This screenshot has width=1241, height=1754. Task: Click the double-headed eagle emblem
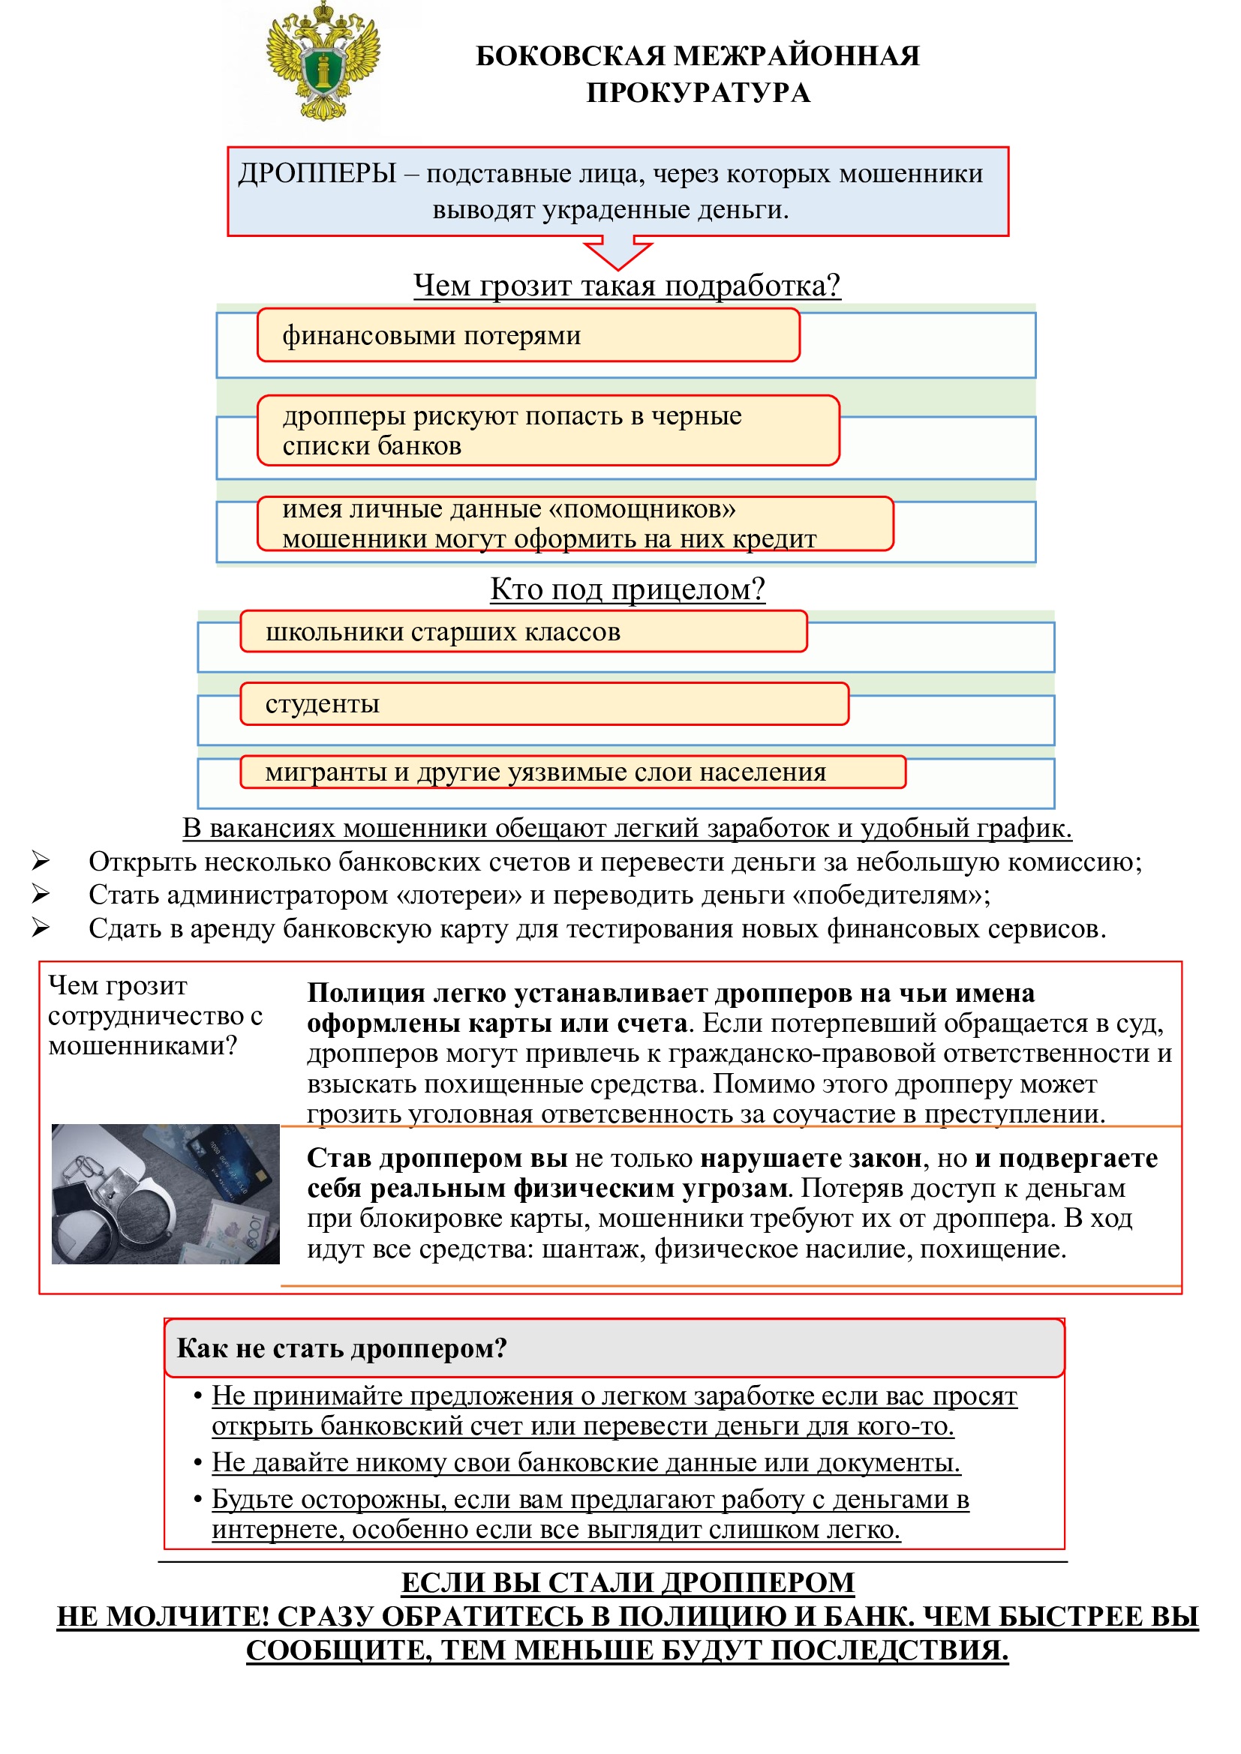(x=323, y=63)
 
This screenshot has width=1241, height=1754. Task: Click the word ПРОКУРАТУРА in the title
(x=698, y=92)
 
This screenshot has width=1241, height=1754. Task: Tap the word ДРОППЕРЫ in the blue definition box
(x=317, y=174)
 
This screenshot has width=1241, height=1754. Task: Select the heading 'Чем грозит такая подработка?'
(x=627, y=286)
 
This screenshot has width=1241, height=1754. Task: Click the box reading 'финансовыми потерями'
(x=527, y=335)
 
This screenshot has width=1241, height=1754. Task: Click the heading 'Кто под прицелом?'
(x=627, y=589)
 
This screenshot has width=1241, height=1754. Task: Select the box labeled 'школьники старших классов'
(x=523, y=631)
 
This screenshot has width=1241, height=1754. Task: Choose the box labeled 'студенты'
(x=543, y=703)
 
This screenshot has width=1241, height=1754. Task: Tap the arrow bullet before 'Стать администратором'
(x=41, y=893)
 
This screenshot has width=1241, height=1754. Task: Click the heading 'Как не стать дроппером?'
(x=341, y=1348)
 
